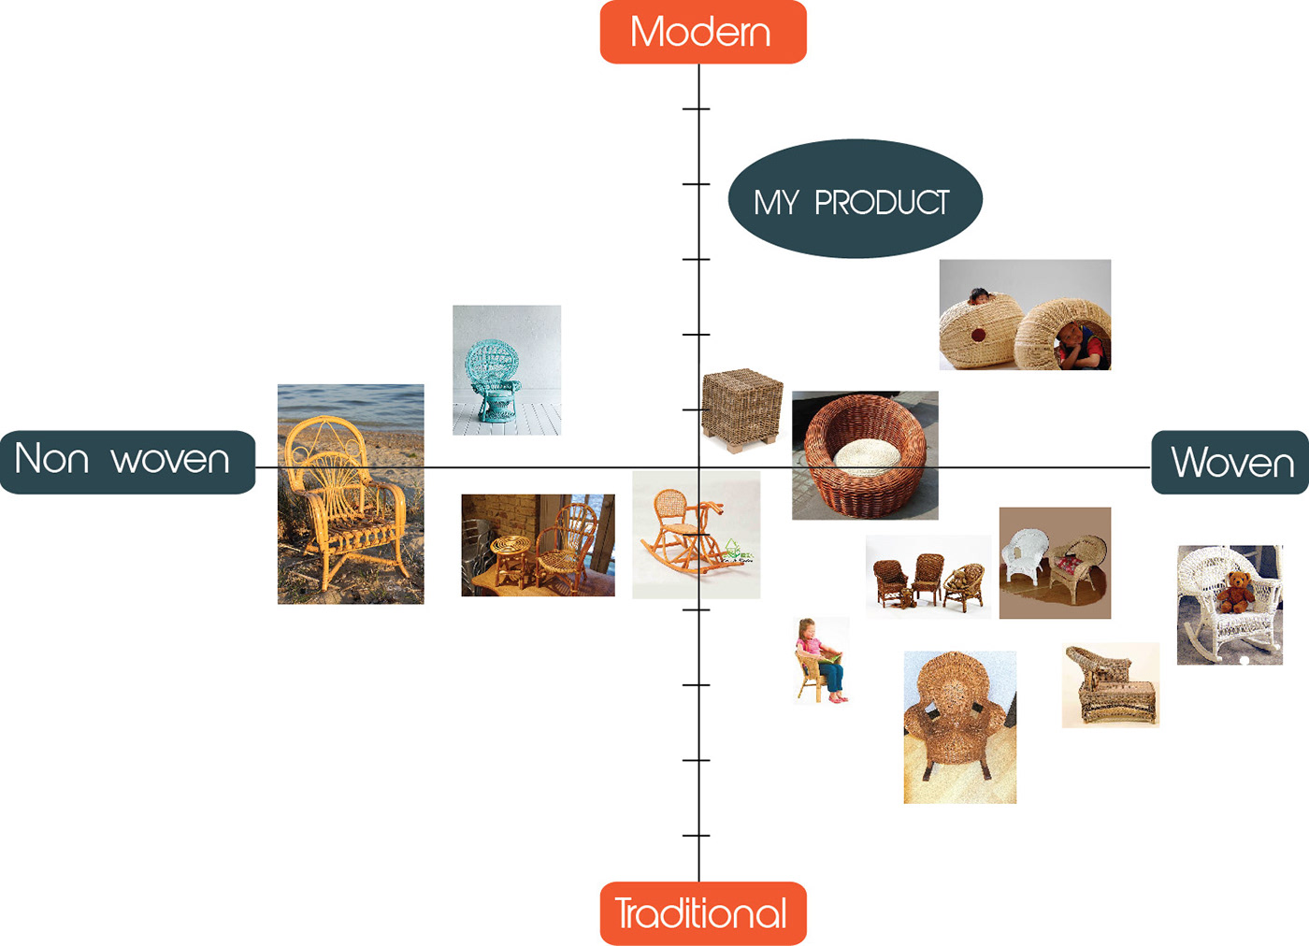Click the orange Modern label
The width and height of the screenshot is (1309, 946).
pyautogui.click(x=702, y=32)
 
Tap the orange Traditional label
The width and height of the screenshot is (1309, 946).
pyautogui.click(x=702, y=913)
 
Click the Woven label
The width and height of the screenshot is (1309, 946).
pyautogui.click(x=1230, y=463)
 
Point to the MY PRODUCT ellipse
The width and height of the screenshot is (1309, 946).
pyautogui.click(x=855, y=199)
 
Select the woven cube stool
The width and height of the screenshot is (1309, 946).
pyautogui.click(x=741, y=408)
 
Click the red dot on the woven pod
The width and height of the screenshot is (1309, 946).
pyautogui.click(x=977, y=335)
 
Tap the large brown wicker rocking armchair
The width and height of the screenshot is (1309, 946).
pyautogui.click(x=958, y=724)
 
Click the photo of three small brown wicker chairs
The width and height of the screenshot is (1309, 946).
pyautogui.click(x=928, y=576)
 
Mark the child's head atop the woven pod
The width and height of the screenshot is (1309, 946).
pyautogui.click(x=979, y=296)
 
